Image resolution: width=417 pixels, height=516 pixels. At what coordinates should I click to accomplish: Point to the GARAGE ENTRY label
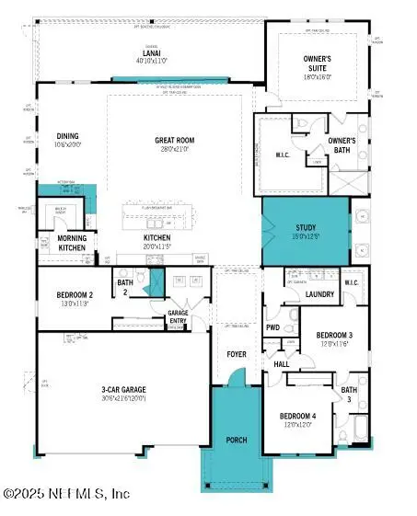coord(178,317)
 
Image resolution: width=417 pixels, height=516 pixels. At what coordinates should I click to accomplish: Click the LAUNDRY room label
coord(319,294)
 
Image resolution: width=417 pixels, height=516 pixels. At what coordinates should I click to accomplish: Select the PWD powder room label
coord(273,327)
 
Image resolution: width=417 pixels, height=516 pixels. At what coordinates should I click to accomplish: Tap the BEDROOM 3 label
coord(329,337)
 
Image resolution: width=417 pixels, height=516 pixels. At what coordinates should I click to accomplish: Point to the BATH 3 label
coord(349,395)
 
